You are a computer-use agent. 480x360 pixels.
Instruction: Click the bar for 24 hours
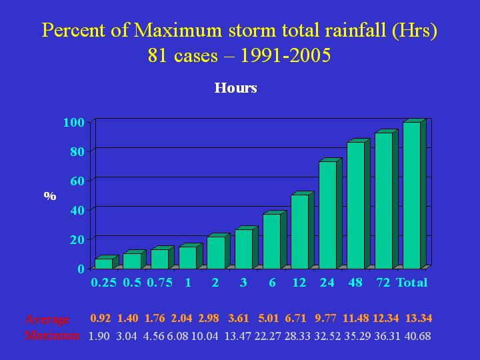pyautogui.click(x=327, y=215)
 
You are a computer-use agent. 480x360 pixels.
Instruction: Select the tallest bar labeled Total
pyautogui.click(x=411, y=195)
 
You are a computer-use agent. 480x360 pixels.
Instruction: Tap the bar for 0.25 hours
pyautogui.click(x=103, y=263)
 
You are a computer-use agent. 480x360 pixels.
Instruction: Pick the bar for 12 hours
pyautogui.click(x=299, y=231)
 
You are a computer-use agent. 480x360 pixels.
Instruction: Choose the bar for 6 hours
pyautogui.click(x=271, y=241)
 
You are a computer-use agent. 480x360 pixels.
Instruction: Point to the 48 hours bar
pyautogui.click(x=355, y=205)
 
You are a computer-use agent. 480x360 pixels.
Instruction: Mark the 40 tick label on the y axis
pyautogui.click(x=77, y=210)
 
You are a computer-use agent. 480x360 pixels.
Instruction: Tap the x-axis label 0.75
pyautogui.click(x=159, y=283)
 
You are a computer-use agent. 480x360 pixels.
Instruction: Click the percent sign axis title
pyautogui.click(x=49, y=196)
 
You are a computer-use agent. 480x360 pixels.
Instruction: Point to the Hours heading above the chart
pyautogui.click(x=235, y=88)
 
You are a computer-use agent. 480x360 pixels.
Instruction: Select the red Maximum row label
pyautogui.click(x=52, y=335)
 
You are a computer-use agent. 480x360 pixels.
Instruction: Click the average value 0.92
pyautogui.click(x=101, y=319)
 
